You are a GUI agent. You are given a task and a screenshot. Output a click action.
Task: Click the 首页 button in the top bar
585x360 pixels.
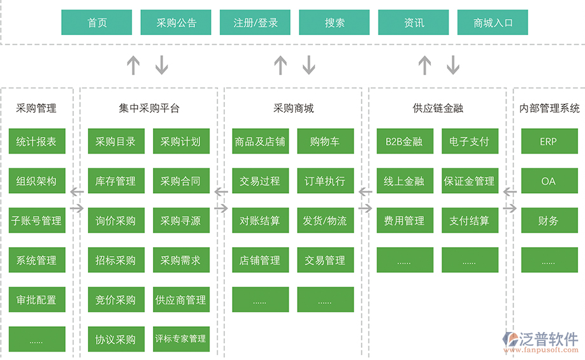(x=97, y=22)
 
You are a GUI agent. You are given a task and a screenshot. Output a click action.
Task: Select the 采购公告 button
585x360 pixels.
(x=177, y=22)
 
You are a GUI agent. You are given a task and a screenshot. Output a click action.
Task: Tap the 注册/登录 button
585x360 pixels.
(x=256, y=22)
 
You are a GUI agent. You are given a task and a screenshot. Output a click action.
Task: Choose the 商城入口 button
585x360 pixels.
(x=493, y=22)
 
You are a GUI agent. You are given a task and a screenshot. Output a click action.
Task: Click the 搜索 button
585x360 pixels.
(x=335, y=22)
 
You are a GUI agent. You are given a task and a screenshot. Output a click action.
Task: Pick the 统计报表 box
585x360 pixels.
(x=37, y=141)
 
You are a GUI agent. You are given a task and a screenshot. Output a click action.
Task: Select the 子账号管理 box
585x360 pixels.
(x=37, y=220)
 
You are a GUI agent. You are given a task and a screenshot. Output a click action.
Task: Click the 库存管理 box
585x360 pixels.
(x=115, y=181)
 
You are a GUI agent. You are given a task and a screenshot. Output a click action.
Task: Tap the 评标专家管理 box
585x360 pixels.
(x=181, y=339)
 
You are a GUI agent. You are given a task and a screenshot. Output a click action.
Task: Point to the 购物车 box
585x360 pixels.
(x=325, y=141)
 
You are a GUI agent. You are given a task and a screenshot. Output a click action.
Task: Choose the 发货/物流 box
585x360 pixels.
(x=325, y=220)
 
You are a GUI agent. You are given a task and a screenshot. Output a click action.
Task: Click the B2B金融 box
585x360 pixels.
(x=405, y=141)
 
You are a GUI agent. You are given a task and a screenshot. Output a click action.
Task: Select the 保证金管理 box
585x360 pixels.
(x=470, y=181)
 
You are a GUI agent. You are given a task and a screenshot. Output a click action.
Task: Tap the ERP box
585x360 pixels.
(x=549, y=141)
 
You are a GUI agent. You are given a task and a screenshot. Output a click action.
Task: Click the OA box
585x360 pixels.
(x=549, y=181)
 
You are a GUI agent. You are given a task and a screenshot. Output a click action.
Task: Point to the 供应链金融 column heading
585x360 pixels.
(x=438, y=108)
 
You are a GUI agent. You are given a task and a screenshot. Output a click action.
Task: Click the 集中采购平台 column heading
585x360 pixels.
(x=149, y=108)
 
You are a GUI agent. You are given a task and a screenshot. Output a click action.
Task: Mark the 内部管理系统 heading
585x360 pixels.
(x=549, y=108)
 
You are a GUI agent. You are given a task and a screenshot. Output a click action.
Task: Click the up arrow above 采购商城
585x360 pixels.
(x=280, y=65)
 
